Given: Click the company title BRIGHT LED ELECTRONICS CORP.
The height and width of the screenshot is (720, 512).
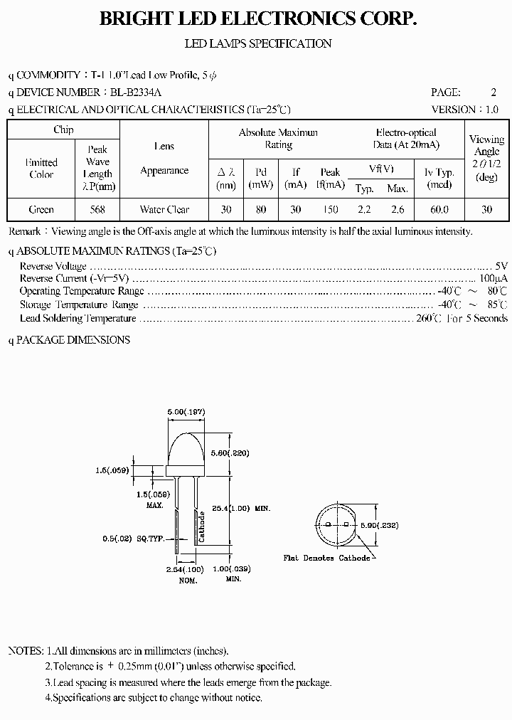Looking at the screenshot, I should click(x=257, y=20).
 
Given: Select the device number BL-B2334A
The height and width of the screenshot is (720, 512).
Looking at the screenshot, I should click(x=135, y=92).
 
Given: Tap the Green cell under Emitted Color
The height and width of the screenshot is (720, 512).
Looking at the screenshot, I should click(x=41, y=209).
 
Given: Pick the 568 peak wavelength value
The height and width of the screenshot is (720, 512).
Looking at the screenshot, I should click(x=97, y=209).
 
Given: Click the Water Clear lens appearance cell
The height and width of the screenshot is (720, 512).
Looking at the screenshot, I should click(x=164, y=209).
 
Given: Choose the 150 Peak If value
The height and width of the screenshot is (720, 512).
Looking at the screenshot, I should click(x=330, y=209).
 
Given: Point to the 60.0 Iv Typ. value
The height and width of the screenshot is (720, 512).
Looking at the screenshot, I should click(x=439, y=209).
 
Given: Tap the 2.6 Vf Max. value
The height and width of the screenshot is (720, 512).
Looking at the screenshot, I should click(x=397, y=209).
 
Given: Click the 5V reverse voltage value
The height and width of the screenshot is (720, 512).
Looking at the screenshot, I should click(x=501, y=265).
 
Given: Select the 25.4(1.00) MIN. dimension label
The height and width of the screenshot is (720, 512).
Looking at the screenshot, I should click(x=241, y=509).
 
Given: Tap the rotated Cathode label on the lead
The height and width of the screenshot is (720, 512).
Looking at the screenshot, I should click(x=202, y=526).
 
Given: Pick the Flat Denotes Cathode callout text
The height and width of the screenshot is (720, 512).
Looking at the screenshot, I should click(x=326, y=558).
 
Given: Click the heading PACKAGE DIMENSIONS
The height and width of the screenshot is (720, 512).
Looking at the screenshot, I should click(x=73, y=339).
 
